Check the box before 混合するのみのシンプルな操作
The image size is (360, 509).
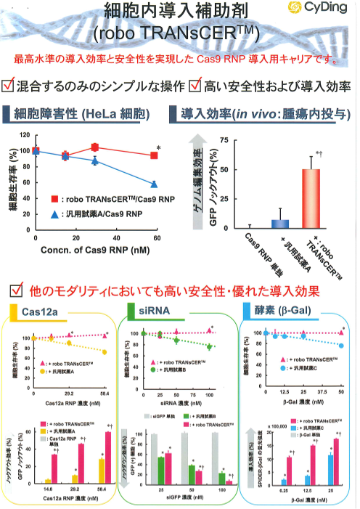point(9,85)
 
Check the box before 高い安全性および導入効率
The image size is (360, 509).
point(195,85)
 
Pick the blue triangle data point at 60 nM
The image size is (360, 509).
point(153,184)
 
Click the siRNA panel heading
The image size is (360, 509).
point(153,312)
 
